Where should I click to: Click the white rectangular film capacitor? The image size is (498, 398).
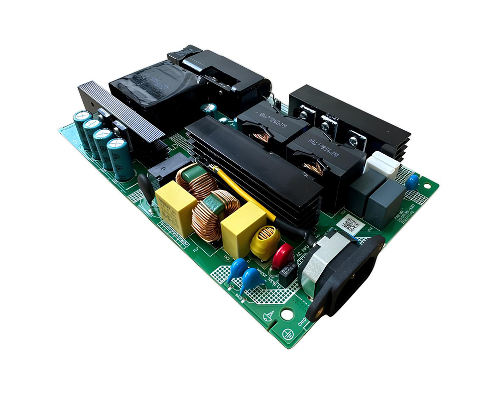tap(382, 165)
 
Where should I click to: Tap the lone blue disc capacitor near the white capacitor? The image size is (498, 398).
tap(411, 182)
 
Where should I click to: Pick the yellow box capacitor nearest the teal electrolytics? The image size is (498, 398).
tap(175, 206)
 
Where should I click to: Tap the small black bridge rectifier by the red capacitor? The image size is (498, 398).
tap(287, 271)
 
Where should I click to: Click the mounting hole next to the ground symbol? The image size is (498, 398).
tap(287, 314)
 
